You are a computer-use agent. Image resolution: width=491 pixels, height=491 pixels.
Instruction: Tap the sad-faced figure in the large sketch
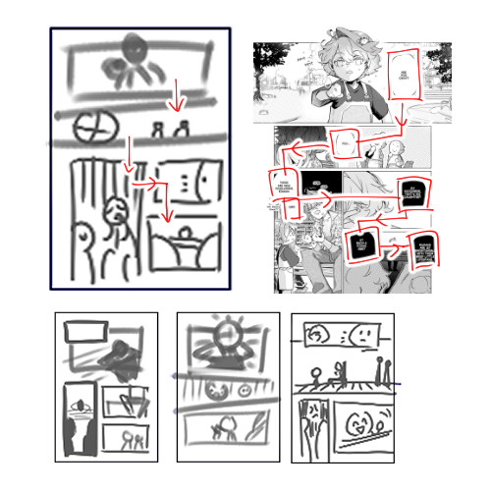point(116,210)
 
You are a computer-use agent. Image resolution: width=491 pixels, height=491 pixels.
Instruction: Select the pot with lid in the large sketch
point(183,245)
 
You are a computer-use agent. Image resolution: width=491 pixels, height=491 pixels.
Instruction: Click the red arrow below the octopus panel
point(175,96)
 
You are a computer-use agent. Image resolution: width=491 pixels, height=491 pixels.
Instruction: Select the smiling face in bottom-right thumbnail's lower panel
point(357,428)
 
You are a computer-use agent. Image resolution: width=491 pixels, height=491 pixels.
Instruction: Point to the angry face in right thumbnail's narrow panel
point(311,416)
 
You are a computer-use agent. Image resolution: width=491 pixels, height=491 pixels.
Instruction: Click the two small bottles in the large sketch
point(169,129)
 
